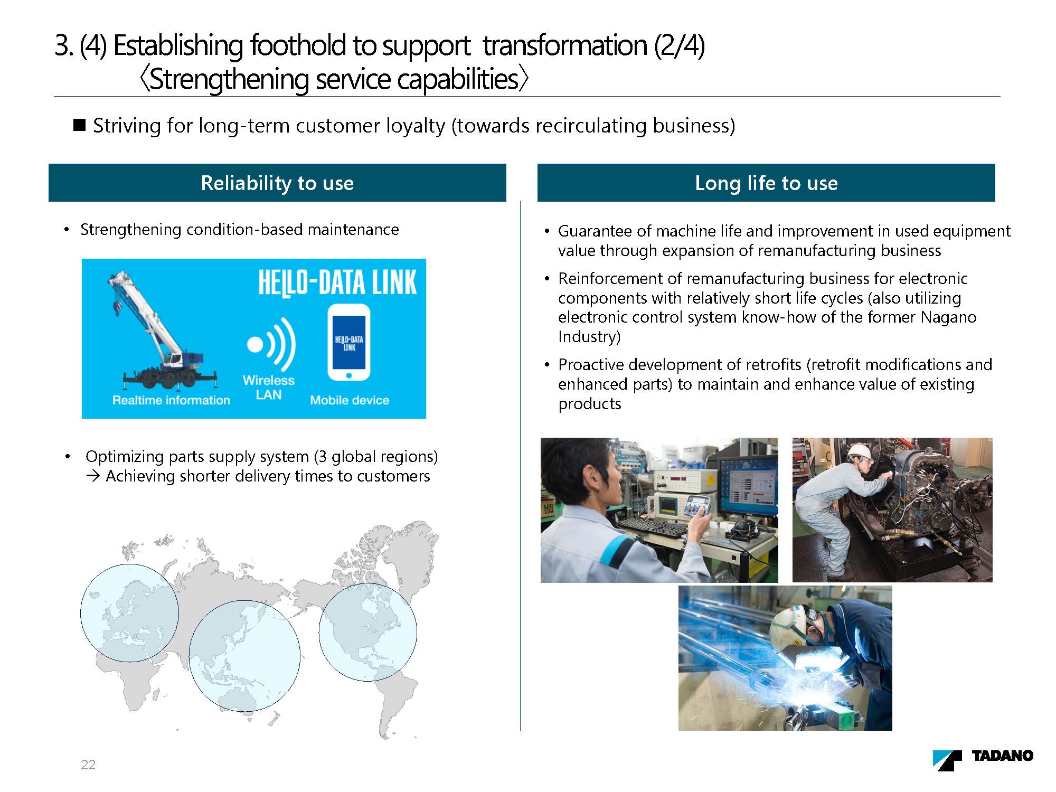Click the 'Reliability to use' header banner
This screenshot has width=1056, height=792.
(x=277, y=183)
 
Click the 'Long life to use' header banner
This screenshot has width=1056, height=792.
(x=766, y=183)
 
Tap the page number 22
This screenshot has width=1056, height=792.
(x=88, y=765)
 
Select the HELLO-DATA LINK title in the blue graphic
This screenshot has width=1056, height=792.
(x=337, y=282)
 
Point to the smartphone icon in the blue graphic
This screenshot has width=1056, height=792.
(x=349, y=343)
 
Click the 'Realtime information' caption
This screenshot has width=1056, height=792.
(x=171, y=400)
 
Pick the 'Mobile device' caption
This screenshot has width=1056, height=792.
(x=350, y=400)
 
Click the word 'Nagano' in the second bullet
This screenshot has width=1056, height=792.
(x=948, y=317)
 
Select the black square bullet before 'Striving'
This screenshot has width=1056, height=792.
(x=79, y=125)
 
